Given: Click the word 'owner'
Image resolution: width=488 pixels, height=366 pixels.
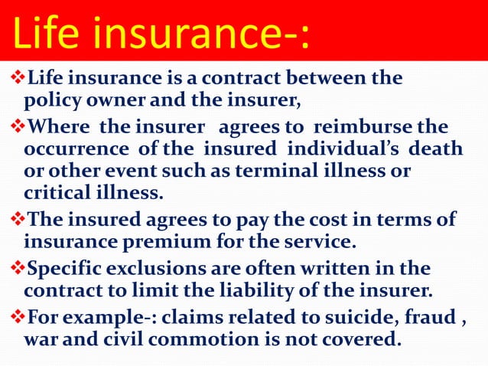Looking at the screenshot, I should click(115, 100).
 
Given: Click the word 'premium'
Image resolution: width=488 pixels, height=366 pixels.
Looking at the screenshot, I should click(165, 243).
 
